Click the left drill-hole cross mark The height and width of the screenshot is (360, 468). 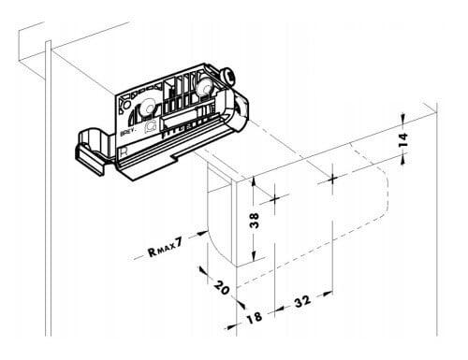(x=275, y=199)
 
